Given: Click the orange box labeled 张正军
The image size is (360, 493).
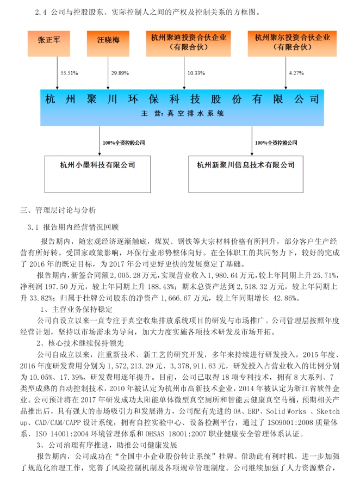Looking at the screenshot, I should point(52,42).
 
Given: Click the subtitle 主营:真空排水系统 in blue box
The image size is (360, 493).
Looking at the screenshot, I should point(182,114).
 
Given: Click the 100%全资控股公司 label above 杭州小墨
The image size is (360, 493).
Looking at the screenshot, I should point(124,143).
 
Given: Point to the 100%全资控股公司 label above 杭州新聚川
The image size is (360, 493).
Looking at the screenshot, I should point(276,143).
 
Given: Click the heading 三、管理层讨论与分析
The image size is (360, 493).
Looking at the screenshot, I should point(58,210).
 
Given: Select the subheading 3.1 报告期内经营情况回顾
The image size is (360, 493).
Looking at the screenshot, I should point(77,226).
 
